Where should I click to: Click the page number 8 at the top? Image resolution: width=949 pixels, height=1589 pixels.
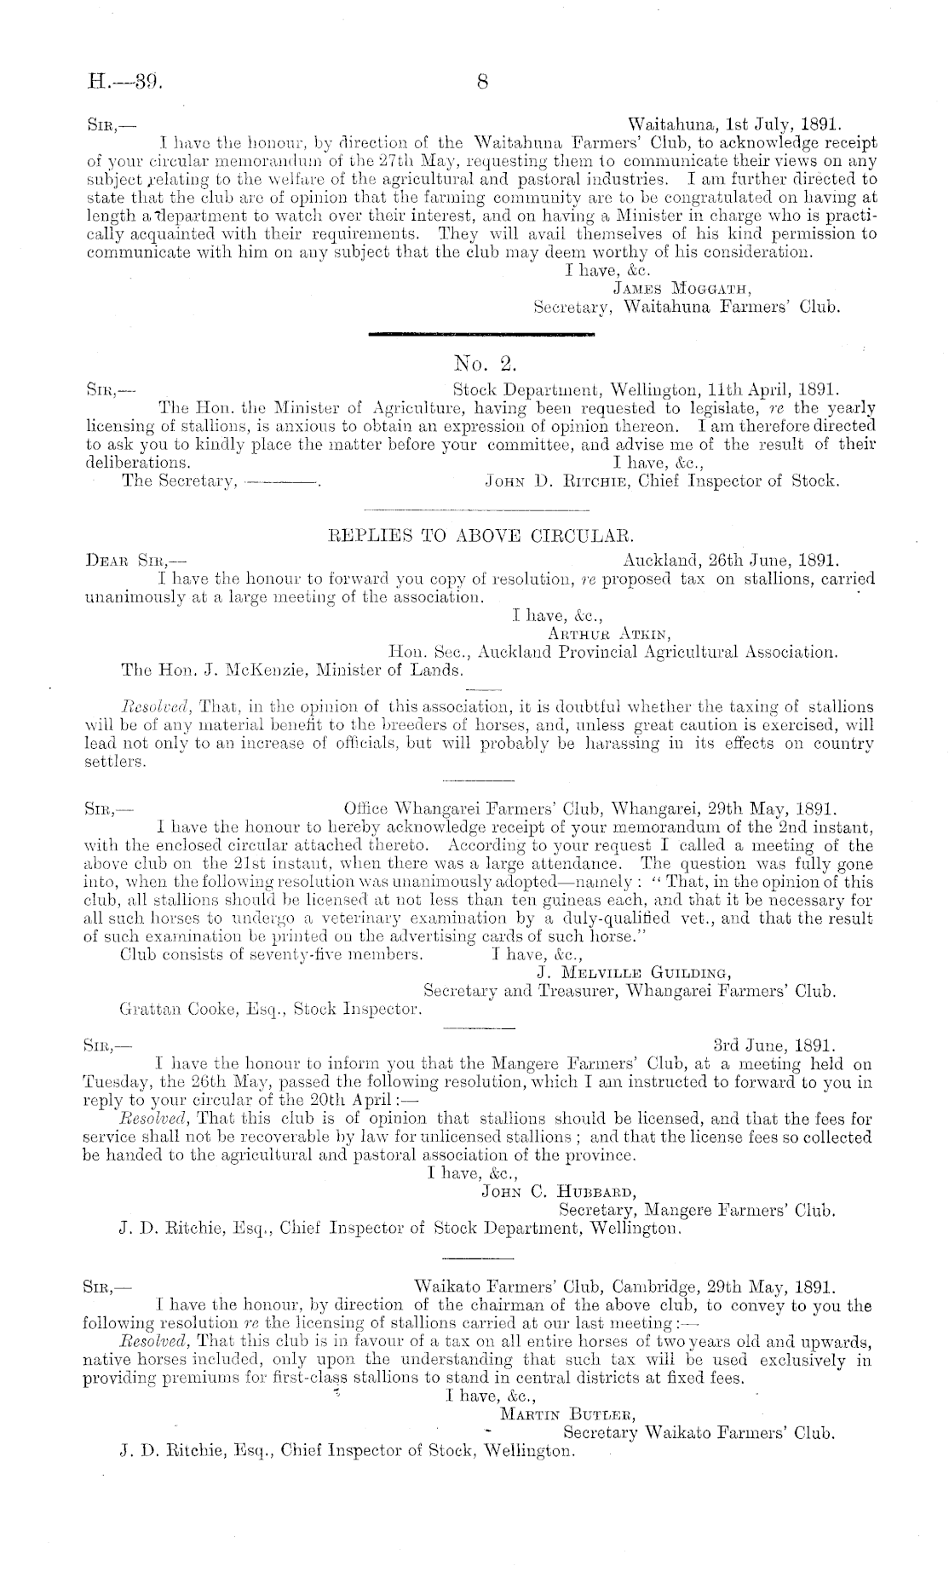[482, 83]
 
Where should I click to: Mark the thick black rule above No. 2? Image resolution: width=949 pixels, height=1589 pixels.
[482, 335]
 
